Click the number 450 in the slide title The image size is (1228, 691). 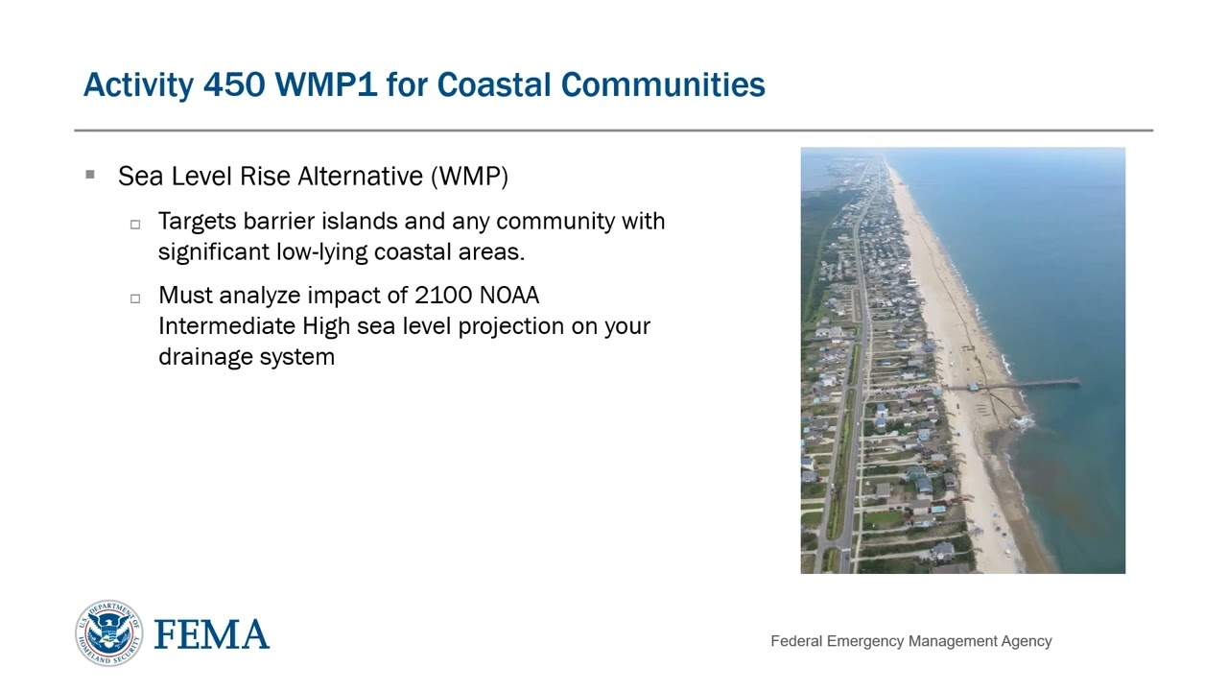point(234,84)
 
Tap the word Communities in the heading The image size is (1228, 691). point(663,84)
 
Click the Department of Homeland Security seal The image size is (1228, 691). point(108,633)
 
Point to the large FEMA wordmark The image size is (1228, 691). point(211,634)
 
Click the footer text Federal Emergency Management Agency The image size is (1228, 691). point(910,641)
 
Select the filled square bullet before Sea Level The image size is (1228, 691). point(90,175)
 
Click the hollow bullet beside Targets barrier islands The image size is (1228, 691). point(135,224)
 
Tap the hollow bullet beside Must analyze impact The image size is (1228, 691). point(135,298)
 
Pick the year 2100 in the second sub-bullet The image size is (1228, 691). point(443,295)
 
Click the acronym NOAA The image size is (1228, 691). point(508,295)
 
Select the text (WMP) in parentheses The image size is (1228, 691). point(469,177)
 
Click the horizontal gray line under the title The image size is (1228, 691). point(614,130)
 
